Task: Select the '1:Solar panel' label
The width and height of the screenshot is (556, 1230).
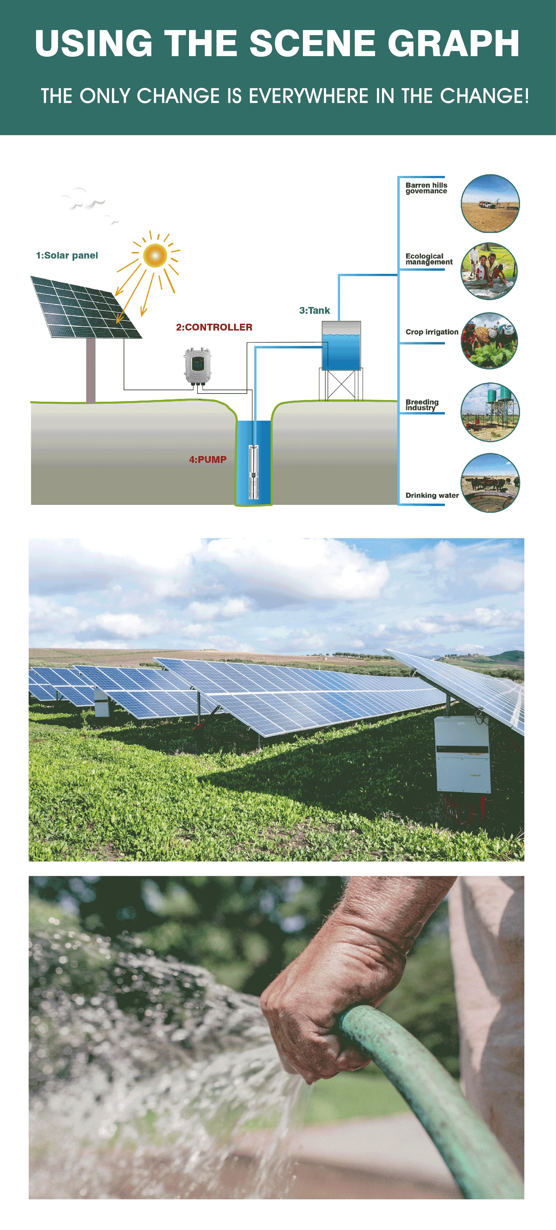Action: (67, 255)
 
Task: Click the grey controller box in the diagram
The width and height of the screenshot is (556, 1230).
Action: (198, 366)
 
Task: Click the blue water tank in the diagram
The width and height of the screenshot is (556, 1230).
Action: (341, 346)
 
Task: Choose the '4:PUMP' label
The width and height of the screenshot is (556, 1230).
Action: (208, 459)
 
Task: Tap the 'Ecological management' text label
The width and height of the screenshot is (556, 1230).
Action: (428, 259)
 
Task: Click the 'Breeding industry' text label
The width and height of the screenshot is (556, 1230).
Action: (422, 405)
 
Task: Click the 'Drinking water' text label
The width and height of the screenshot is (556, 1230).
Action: (432, 495)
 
